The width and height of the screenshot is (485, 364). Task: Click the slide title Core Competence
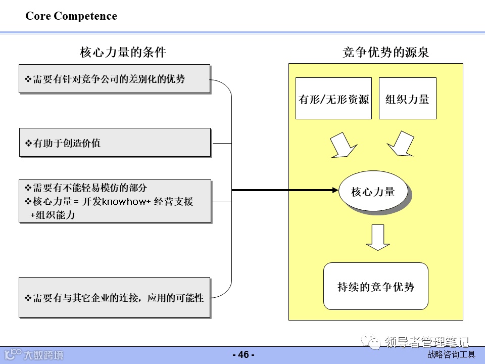click(71, 16)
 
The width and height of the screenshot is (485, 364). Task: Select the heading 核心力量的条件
click(123, 52)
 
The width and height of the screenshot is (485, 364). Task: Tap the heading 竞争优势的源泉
click(385, 52)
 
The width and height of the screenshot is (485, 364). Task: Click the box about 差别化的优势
click(114, 79)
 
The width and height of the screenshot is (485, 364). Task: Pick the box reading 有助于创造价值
click(114, 143)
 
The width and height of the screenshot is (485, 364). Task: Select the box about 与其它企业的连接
click(114, 297)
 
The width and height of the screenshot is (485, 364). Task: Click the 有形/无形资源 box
click(333, 99)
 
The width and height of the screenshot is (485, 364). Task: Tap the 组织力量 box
click(407, 99)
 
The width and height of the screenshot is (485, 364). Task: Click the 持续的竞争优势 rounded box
click(375, 287)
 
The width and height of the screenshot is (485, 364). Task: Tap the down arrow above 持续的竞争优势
click(378, 237)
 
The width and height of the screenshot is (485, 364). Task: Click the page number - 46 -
click(243, 355)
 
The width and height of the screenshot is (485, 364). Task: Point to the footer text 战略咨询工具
click(451, 355)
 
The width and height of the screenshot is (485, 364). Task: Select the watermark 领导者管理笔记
click(426, 342)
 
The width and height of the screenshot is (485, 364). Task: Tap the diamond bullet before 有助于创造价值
click(28, 143)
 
